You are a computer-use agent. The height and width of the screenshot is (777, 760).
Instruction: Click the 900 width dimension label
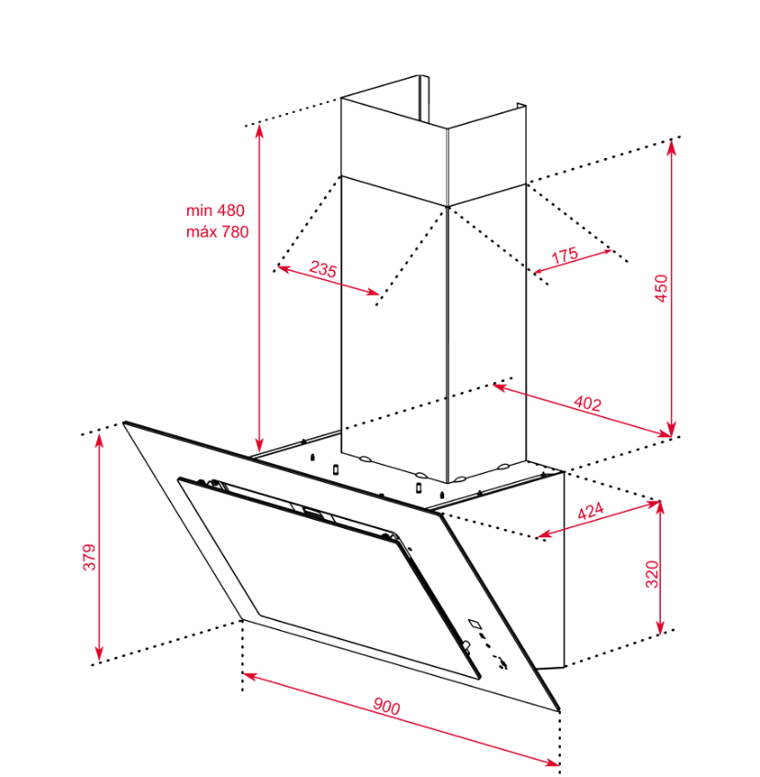[x=386, y=706]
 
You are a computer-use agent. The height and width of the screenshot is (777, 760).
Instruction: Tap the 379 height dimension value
[x=89, y=557]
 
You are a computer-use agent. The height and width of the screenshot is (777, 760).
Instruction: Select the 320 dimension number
[x=652, y=574]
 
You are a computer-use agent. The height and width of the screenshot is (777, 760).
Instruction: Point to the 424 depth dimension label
[x=591, y=511]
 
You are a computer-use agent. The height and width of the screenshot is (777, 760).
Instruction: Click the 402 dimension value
[x=587, y=404]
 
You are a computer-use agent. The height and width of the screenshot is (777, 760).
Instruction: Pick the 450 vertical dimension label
[x=661, y=287]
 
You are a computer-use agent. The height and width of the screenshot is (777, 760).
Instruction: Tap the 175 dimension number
[x=564, y=254]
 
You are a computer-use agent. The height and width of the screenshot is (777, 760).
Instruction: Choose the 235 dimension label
[x=323, y=269]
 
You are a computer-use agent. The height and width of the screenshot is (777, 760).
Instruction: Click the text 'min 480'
[x=216, y=210]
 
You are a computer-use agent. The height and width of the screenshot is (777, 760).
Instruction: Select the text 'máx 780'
[x=218, y=231]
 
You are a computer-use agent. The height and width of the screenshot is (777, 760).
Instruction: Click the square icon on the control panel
[x=475, y=624]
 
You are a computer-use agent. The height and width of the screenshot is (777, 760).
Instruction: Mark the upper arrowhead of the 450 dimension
[x=671, y=146]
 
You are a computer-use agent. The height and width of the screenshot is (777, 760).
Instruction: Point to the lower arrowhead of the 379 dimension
[x=99, y=654]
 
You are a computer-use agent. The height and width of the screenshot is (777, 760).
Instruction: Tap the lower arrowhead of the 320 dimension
[x=660, y=627]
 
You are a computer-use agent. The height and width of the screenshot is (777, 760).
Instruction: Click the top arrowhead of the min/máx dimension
[x=259, y=132]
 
